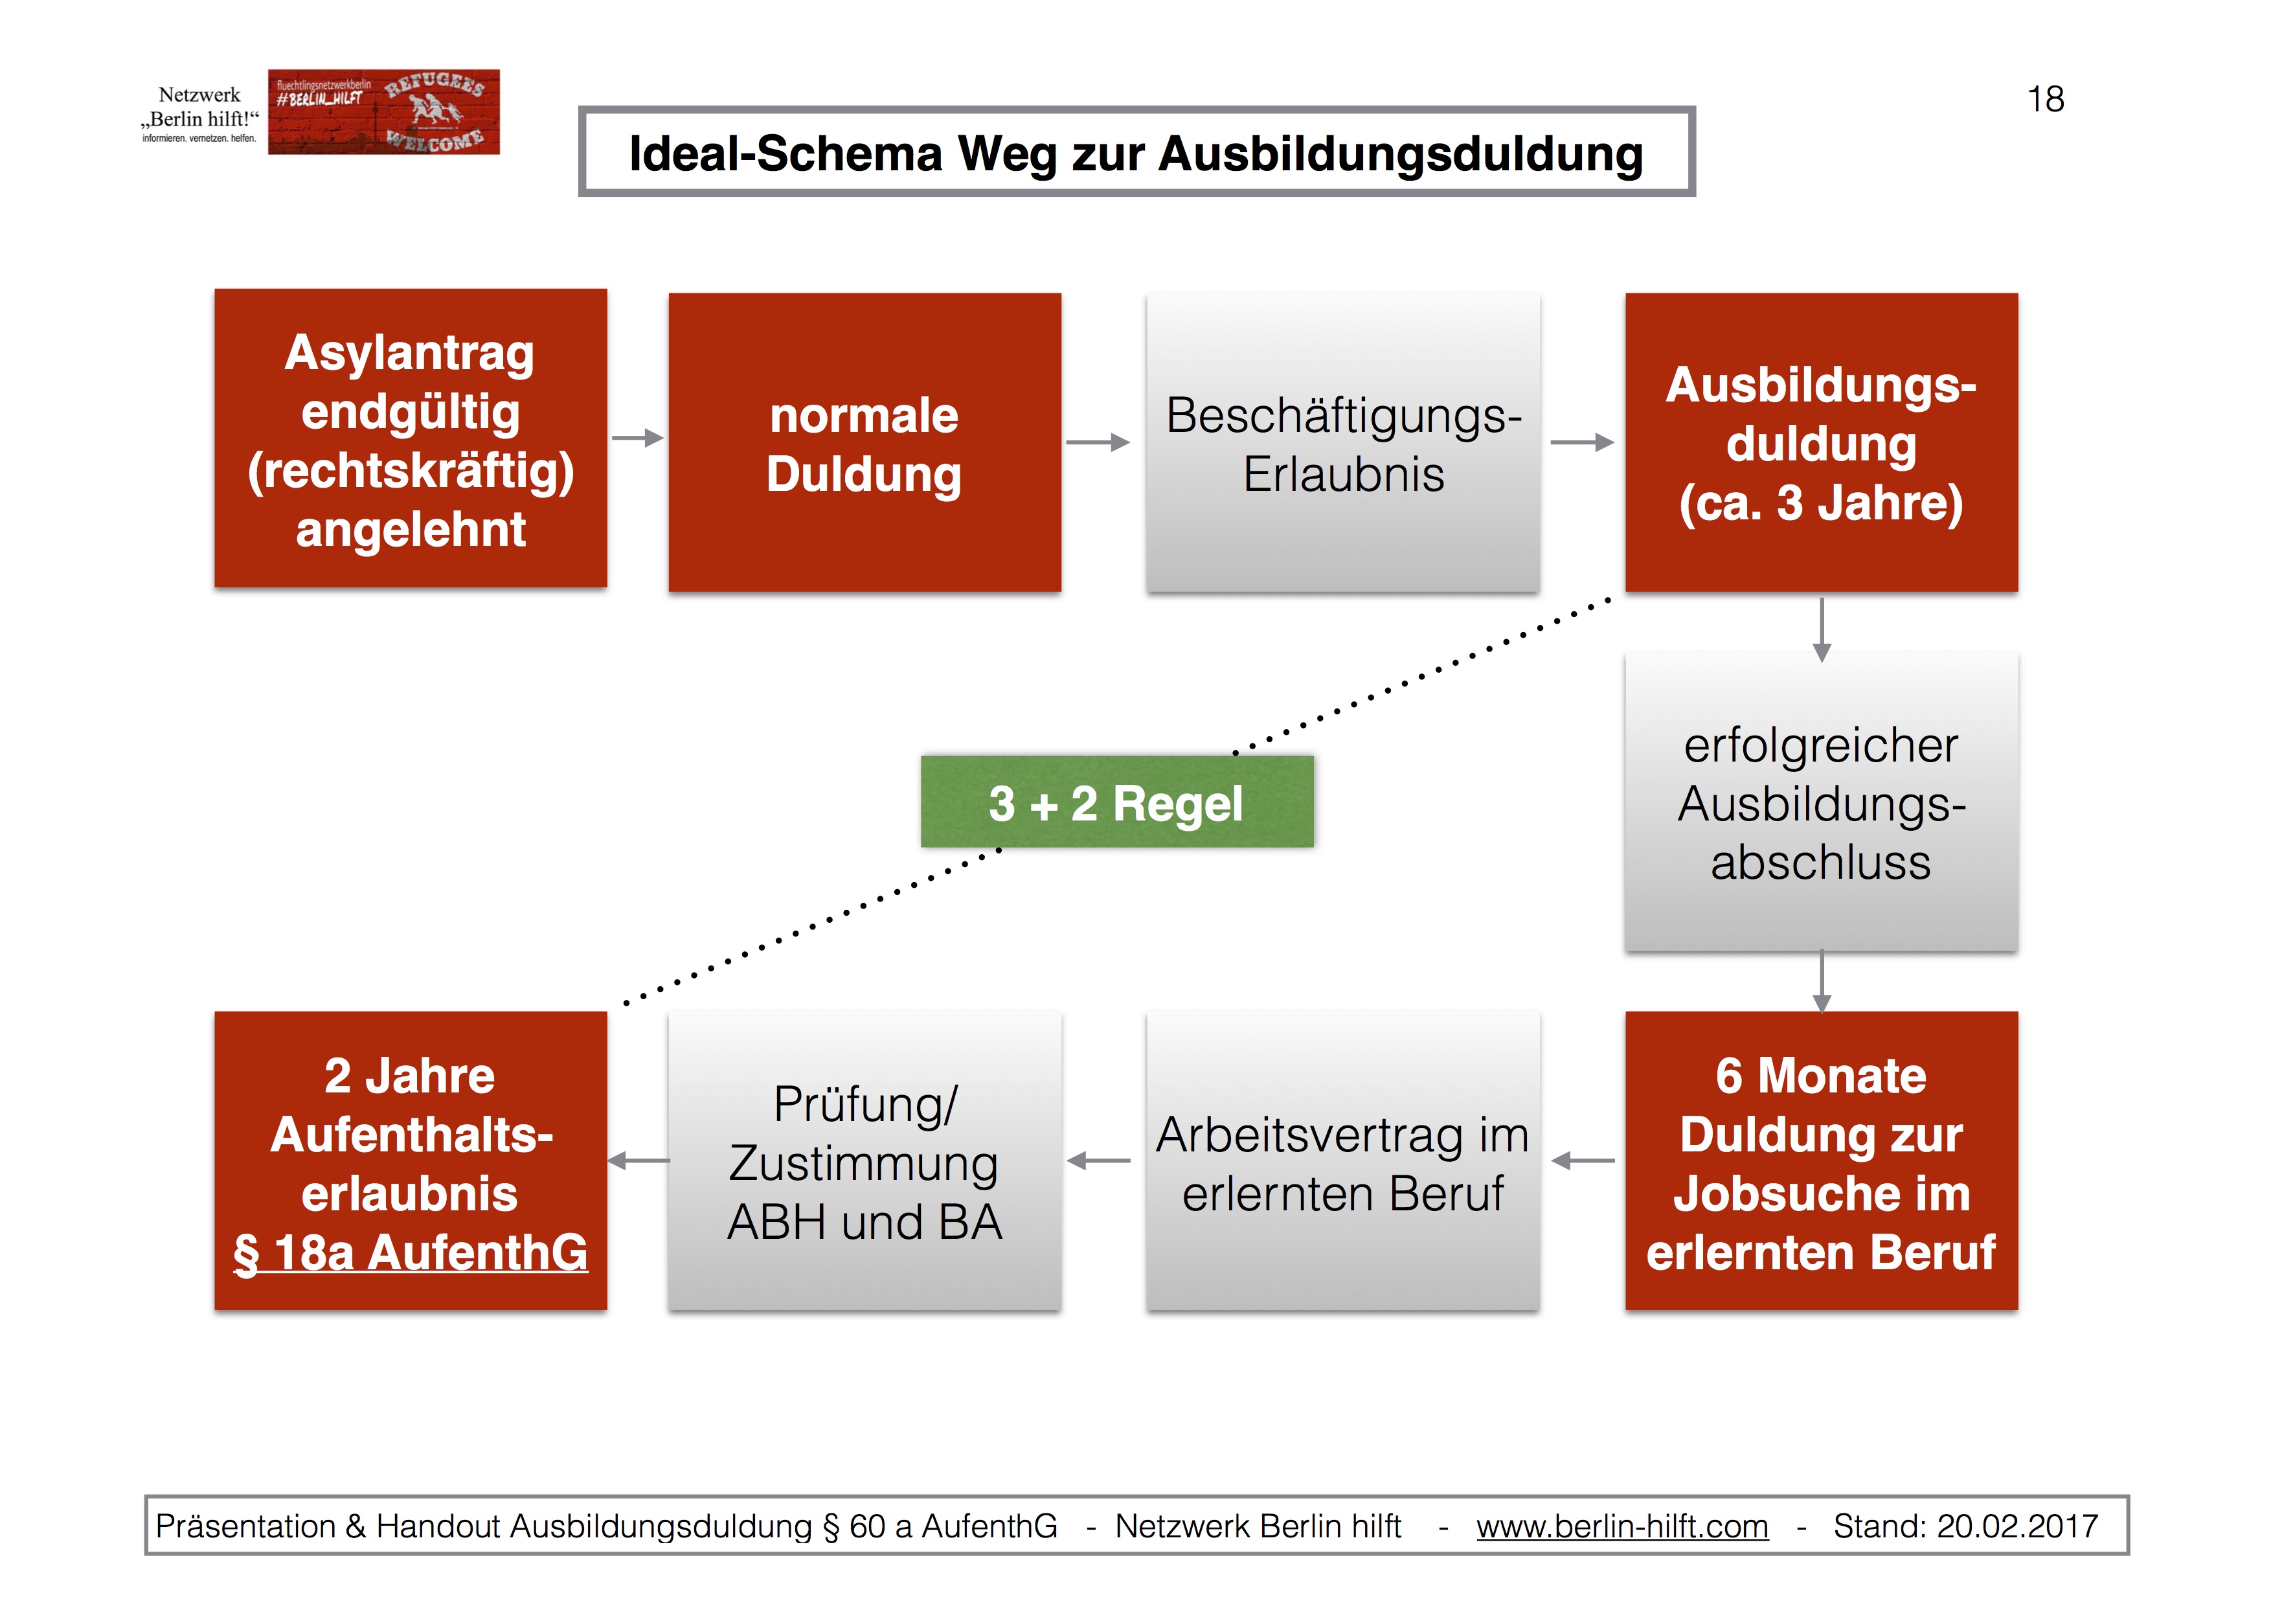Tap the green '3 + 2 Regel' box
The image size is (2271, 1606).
click(x=1116, y=802)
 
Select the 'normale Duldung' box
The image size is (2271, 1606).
click(x=864, y=443)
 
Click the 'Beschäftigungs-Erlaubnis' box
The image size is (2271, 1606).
click(x=1342, y=443)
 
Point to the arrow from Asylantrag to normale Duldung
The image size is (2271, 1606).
click(x=638, y=437)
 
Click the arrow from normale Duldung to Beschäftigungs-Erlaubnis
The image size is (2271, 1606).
click(x=1097, y=442)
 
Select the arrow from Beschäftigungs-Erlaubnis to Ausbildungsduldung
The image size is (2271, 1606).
click(x=1581, y=442)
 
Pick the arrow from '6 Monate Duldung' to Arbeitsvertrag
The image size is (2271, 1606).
click(x=1583, y=1160)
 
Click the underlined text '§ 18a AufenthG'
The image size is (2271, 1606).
click(x=411, y=1253)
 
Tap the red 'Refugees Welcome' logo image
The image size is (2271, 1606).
click(x=384, y=112)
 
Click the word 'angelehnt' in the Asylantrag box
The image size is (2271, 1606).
click(x=411, y=529)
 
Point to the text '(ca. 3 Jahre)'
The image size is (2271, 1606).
click(x=1821, y=503)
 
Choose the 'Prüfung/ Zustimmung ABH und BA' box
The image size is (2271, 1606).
click(x=864, y=1162)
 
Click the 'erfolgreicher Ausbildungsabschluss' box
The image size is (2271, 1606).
click(x=1821, y=803)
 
